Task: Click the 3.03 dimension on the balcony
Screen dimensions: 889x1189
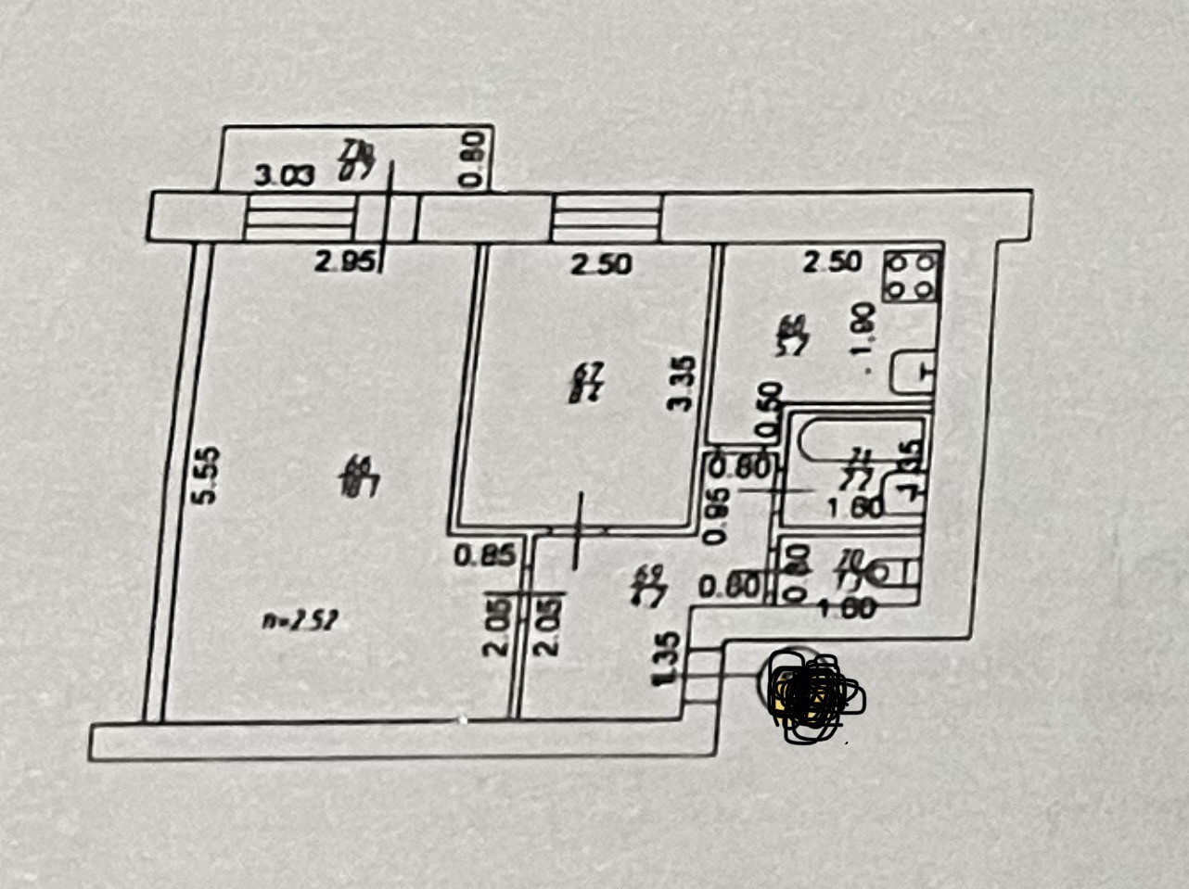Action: (x=285, y=175)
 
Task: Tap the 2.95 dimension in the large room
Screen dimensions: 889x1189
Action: (x=344, y=262)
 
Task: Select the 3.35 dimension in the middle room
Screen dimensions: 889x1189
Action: (x=682, y=384)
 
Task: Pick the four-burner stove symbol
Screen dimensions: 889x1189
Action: (x=911, y=277)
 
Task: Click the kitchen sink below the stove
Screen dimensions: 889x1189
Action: (x=914, y=372)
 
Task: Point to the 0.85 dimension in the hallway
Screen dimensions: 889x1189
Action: (x=484, y=557)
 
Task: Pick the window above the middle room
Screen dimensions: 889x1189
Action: (x=607, y=219)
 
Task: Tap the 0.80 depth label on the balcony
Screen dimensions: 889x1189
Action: (x=473, y=159)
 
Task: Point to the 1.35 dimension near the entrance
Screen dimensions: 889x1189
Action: (x=666, y=659)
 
